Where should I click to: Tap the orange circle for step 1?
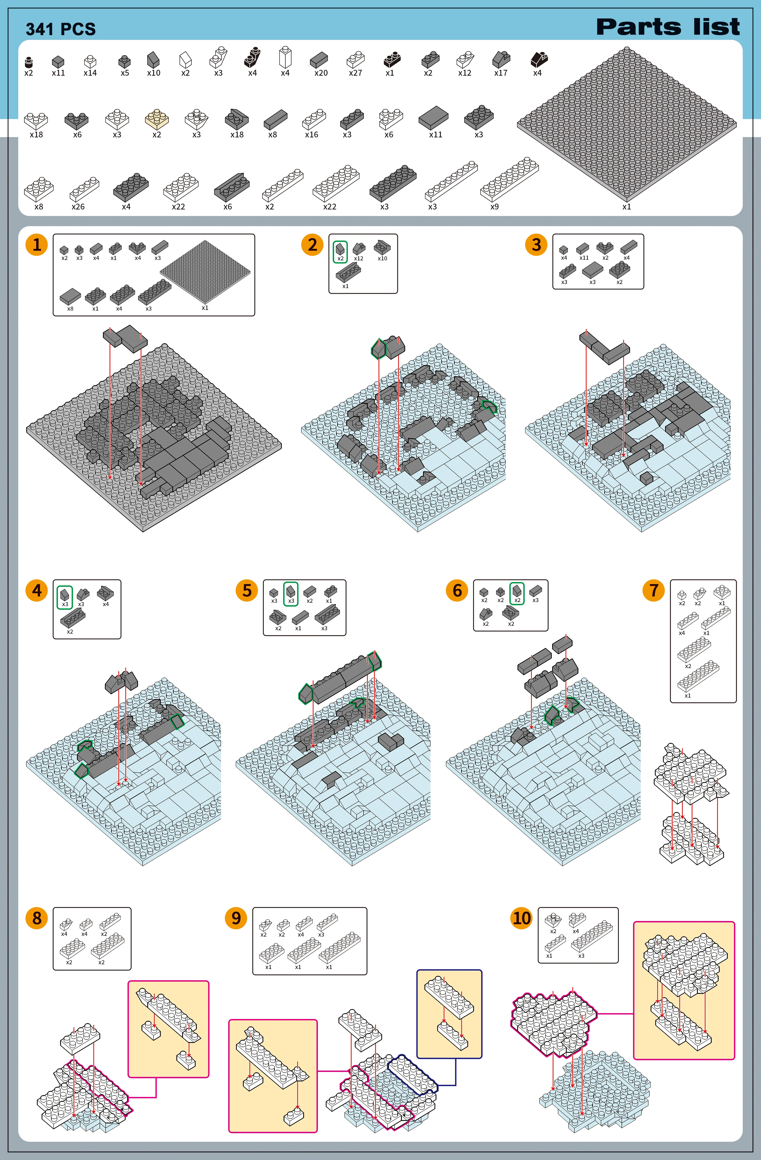coord(36,245)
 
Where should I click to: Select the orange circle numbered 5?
coord(247,590)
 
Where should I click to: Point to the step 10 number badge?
coord(521,918)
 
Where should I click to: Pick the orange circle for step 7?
coord(654,590)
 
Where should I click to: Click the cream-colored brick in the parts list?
coord(157,118)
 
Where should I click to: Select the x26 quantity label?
coord(78,207)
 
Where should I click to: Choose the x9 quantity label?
coord(494,207)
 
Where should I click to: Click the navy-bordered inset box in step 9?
coord(449,1014)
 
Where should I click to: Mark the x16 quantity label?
coord(312,134)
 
